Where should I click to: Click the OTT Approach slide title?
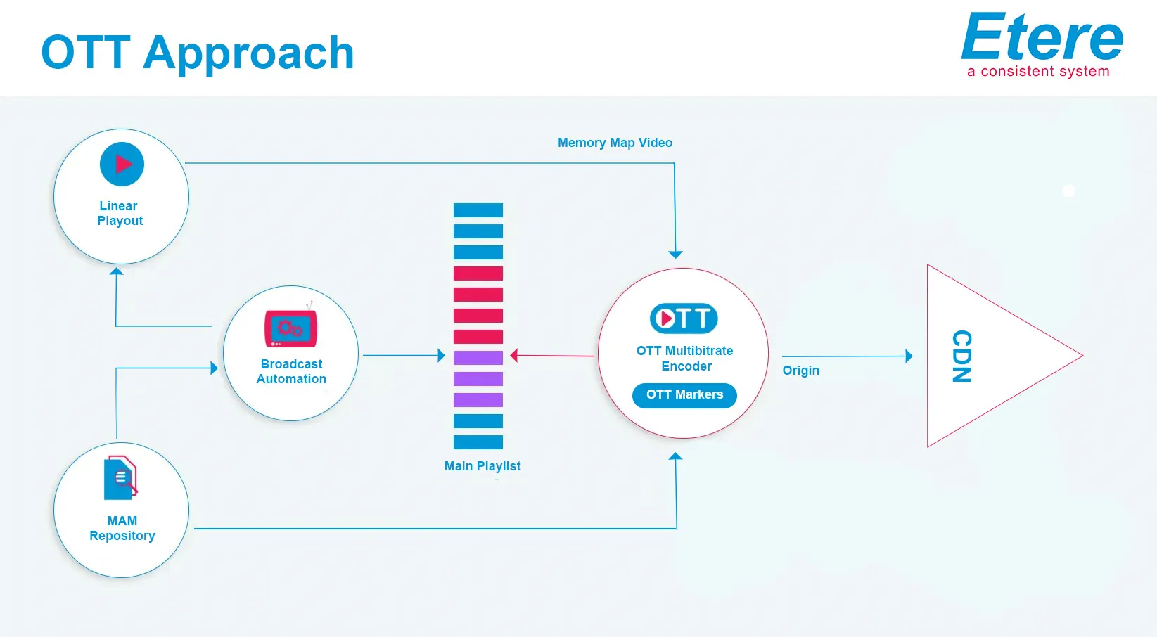(x=198, y=53)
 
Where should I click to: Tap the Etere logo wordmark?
(x=1041, y=37)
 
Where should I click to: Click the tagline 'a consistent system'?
(x=1038, y=71)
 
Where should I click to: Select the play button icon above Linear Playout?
(x=122, y=164)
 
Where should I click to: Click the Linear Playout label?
(x=120, y=213)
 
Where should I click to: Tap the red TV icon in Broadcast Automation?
(x=290, y=327)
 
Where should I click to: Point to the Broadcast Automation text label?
(x=291, y=371)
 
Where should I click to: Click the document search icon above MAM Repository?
(x=121, y=477)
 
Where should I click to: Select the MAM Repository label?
(x=122, y=528)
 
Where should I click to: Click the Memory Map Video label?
(x=615, y=143)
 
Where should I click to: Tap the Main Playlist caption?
(x=482, y=466)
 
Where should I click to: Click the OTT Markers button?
(x=684, y=395)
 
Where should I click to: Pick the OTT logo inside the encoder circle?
(x=684, y=318)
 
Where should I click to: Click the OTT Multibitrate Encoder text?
(x=685, y=359)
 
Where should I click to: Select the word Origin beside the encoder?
(x=800, y=371)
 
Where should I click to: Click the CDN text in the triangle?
(x=961, y=356)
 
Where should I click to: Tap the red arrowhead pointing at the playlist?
(x=513, y=355)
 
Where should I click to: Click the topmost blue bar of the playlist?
(x=478, y=210)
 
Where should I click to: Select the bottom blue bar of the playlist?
(x=478, y=442)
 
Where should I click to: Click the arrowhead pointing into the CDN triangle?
(x=909, y=356)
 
